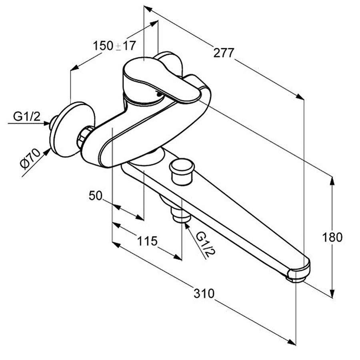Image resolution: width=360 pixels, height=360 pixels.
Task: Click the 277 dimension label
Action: [223, 53]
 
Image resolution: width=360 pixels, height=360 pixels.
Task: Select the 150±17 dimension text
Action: [114, 46]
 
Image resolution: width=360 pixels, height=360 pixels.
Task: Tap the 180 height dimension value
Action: [332, 237]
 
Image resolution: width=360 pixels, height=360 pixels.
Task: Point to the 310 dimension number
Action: [204, 294]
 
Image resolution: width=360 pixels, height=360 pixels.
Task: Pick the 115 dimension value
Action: [147, 241]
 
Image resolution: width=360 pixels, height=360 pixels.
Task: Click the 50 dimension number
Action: [96, 196]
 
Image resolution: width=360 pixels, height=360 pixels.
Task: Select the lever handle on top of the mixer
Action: [160, 80]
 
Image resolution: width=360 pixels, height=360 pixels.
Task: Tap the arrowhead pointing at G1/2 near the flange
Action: [46, 123]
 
